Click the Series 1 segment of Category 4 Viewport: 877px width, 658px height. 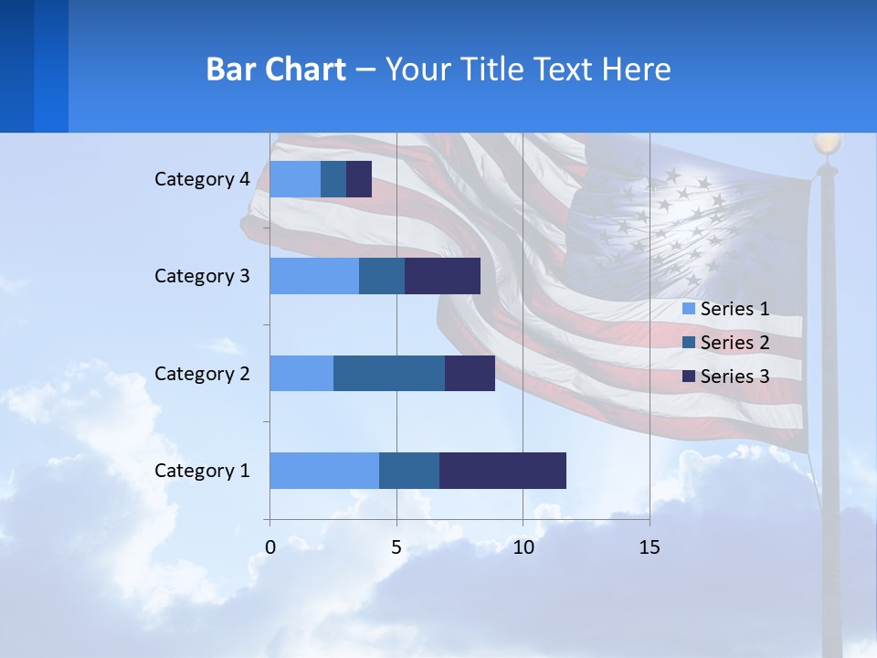click(295, 179)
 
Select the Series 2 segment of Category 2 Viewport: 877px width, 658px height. click(389, 373)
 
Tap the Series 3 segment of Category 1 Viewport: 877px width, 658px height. click(502, 470)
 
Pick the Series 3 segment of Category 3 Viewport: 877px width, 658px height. click(442, 276)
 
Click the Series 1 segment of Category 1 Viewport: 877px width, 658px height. click(324, 470)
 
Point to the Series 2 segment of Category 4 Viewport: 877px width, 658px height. click(333, 179)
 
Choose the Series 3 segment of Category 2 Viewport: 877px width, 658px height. click(470, 373)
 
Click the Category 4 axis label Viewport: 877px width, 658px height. click(202, 179)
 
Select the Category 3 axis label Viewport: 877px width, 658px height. click(202, 276)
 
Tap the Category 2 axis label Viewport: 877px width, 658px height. click(202, 373)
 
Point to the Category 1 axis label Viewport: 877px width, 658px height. click(202, 471)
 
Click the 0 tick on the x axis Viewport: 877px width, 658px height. click(270, 547)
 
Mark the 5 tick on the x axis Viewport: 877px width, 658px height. click(396, 547)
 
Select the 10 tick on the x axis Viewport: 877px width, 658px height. click(523, 547)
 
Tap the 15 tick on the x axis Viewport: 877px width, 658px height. click(649, 547)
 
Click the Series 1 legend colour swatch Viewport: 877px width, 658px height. click(689, 309)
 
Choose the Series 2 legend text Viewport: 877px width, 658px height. click(734, 343)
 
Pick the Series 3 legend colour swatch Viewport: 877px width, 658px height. click(689, 377)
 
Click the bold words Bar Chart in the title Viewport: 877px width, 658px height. click(276, 69)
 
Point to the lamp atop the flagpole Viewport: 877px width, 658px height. click(828, 143)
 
